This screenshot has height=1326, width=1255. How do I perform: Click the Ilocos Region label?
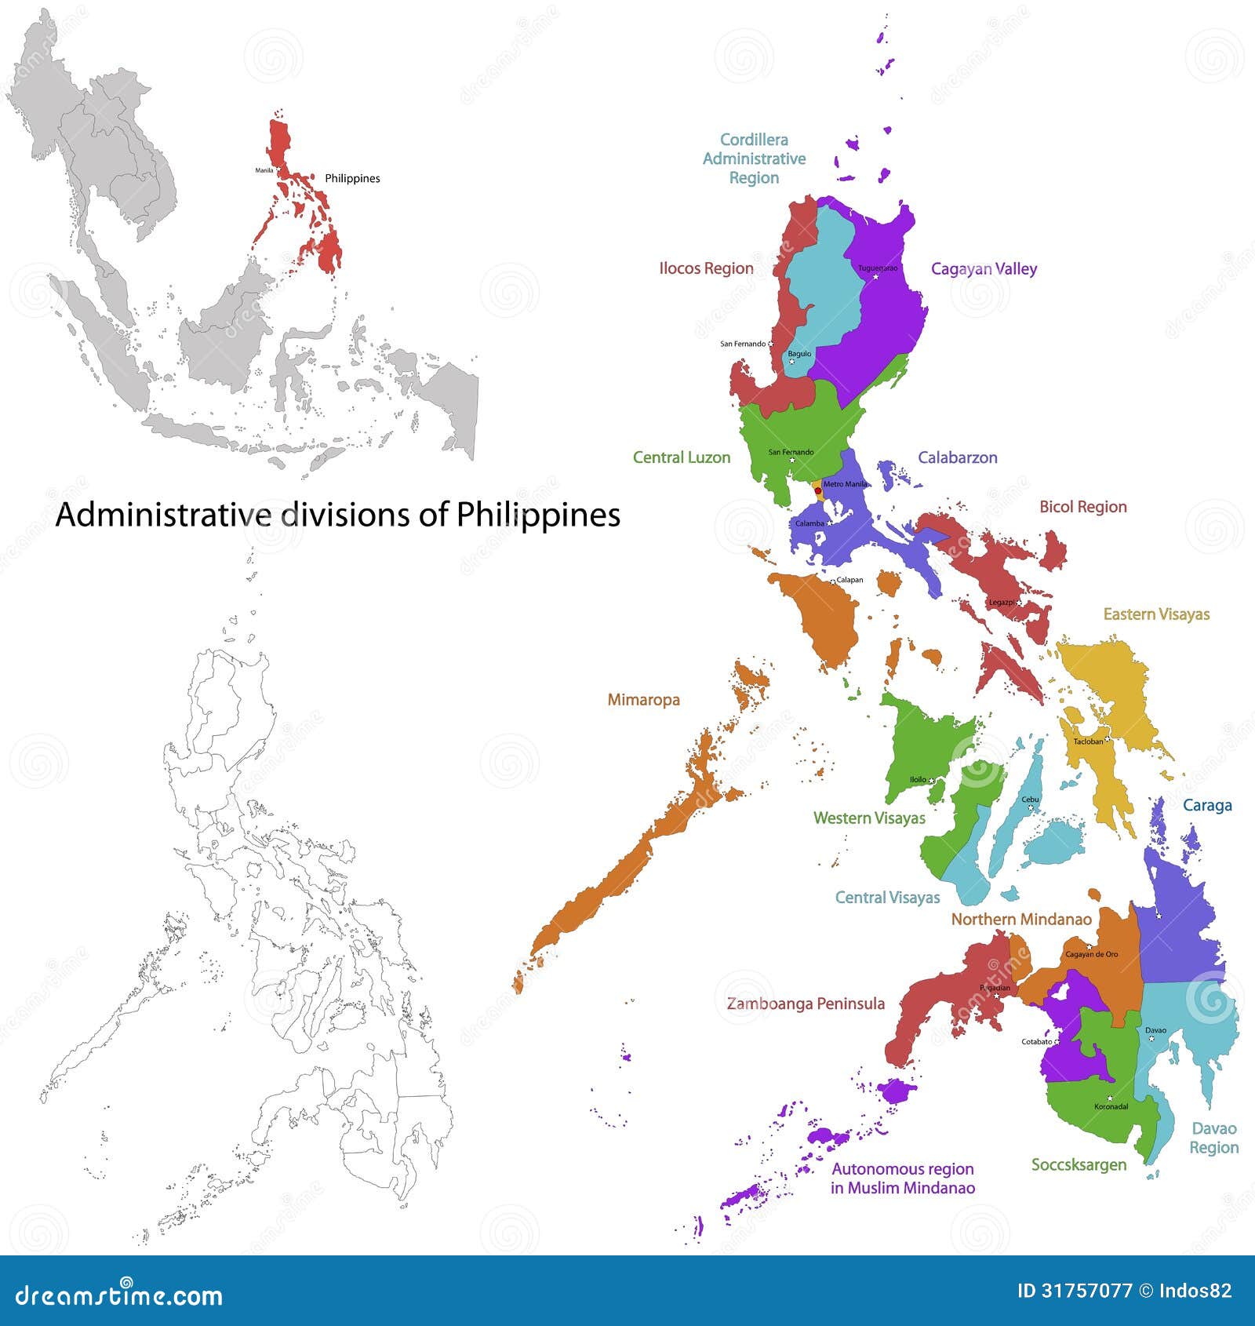click(x=706, y=268)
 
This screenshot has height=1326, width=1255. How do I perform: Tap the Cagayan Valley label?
click(x=984, y=269)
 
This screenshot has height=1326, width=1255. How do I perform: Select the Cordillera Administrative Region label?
click(x=754, y=158)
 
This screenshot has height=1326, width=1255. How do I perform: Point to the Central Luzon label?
click(x=681, y=457)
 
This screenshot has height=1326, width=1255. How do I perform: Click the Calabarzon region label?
click(x=957, y=457)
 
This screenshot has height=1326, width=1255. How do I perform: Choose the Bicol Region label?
click(x=1082, y=507)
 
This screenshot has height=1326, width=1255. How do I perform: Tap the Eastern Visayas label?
click(x=1156, y=614)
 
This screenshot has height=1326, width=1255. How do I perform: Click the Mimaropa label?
click(x=643, y=700)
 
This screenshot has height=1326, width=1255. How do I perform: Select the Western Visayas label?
click(x=869, y=818)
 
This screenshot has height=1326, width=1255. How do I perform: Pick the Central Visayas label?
click(x=887, y=898)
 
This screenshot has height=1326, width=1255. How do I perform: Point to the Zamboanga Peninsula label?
click(x=806, y=1004)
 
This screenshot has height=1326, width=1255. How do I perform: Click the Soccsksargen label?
click(x=1079, y=1165)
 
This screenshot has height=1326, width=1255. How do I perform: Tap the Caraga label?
click(x=1207, y=806)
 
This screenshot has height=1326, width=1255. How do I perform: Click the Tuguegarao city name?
click(x=878, y=268)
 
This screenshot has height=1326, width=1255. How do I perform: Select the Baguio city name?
click(x=799, y=354)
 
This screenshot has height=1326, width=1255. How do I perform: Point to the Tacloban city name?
click(x=1088, y=741)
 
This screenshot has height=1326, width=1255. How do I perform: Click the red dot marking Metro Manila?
click(x=818, y=490)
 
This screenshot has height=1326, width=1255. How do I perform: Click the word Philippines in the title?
click(x=538, y=515)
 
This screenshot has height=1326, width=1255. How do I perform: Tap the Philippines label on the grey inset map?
click(x=352, y=179)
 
